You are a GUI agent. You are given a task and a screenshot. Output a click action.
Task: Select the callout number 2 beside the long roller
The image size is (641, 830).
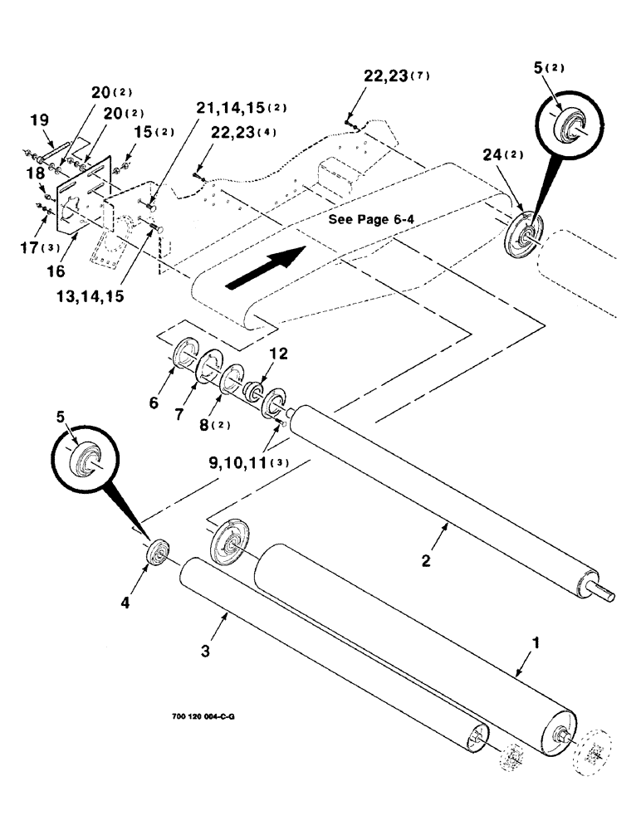point(425,562)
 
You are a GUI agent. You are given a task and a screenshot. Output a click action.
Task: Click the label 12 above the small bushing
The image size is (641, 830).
point(256,354)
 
